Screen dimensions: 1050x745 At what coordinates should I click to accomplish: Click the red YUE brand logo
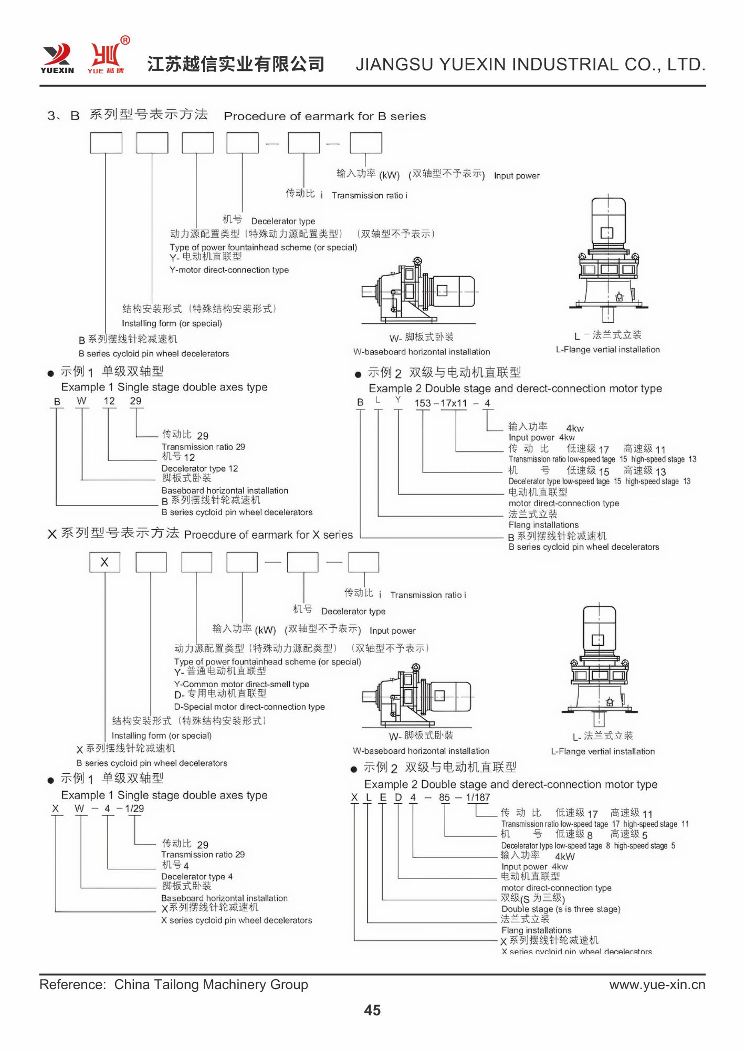(107, 57)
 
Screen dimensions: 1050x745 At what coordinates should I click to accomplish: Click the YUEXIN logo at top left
(57, 58)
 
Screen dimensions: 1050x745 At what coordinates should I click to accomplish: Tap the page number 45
(372, 1010)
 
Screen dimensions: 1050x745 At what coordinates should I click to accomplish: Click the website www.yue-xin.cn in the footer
(657, 984)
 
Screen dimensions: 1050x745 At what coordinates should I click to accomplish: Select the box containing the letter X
(104, 562)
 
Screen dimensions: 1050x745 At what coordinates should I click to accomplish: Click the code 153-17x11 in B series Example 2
(440, 403)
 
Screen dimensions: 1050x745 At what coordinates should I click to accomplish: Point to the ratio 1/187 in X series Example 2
(478, 797)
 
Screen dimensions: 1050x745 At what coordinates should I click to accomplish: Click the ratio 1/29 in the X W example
(134, 808)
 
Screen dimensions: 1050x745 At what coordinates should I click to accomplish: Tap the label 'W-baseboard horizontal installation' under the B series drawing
(422, 352)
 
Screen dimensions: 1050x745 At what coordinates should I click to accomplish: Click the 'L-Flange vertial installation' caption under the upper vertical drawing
(607, 350)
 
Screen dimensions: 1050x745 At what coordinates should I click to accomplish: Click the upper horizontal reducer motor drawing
(418, 291)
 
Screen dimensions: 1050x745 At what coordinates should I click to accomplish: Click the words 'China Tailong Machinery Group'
(211, 984)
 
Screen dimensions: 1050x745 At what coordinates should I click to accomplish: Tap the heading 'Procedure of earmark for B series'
(325, 116)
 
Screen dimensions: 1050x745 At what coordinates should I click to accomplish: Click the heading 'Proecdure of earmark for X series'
(268, 535)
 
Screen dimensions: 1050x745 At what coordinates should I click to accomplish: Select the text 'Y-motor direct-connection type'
(229, 270)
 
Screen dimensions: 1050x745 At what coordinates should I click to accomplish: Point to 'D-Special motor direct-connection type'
(249, 707)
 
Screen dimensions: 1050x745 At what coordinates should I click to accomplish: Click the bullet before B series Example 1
(50, 373)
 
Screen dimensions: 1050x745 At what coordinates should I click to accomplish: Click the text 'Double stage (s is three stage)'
(561, 909)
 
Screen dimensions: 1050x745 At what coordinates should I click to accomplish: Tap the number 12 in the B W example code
(109, 401)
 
